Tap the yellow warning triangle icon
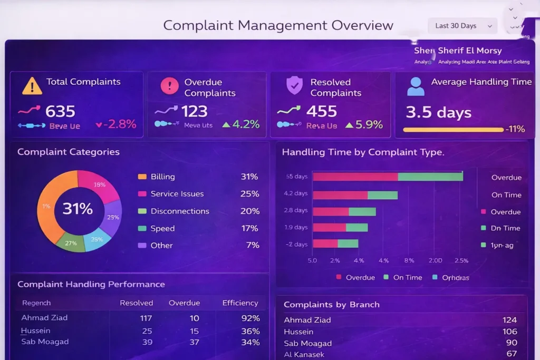pyautogui.click(x=32, y=86)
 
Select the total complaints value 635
pyautogui.click(x=60, y=111)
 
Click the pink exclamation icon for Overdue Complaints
pyautogui.click(x=169, y=85)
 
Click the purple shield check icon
pyautogui.click(x=294, y=85)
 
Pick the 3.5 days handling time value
pyautogui.click(x=438, y=112)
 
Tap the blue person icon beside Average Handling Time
pyautogui.click(x=416, y=86)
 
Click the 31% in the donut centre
pyautogui.click(x=78, y=209)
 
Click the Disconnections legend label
pyautogui.click(x=180, y=211)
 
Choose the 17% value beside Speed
pyautogui.click(x=249, y=228)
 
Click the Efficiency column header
pyautogui.click(x=240, y=303)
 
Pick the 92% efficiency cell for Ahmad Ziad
pyautogui.click(x=249, y=318)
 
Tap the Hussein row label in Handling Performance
pyautogui.click(x=36, y=331)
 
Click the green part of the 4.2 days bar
pyautogui.click(x=383, y=195)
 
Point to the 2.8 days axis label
pyautogui.click(x=296, y=210)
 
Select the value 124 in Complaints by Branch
pyautogui.click(x=509, y=320)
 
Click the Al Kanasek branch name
pyautogui.click(x=304, y=355)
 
